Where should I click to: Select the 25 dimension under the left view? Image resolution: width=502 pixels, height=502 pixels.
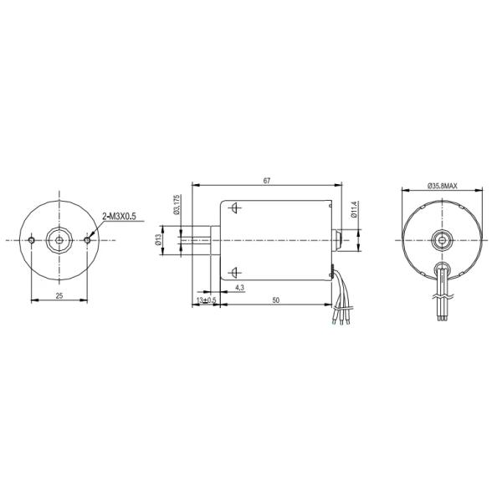point(59,295)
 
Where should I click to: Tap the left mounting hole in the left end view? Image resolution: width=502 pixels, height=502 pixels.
point(31,240)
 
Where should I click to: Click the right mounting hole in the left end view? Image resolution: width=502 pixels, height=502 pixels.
point(89,240)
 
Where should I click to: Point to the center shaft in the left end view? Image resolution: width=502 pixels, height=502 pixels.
point(59,240)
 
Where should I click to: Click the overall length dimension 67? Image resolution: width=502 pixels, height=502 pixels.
point(266,180)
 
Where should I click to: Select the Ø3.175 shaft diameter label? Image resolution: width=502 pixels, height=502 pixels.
point(177,206)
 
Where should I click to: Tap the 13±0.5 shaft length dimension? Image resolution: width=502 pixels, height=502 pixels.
point(206,300)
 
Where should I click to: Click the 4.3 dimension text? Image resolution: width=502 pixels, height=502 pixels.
point(239,288)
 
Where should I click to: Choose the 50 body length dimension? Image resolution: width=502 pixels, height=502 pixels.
point(275,300)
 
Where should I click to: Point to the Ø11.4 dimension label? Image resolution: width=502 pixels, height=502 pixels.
point(355,210)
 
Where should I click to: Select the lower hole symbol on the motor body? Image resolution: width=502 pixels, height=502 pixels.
point(235,271)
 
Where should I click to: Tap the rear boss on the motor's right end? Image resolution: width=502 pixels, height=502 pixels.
point(337,240)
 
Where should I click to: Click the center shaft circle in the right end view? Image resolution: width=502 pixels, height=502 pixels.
point(441,241)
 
